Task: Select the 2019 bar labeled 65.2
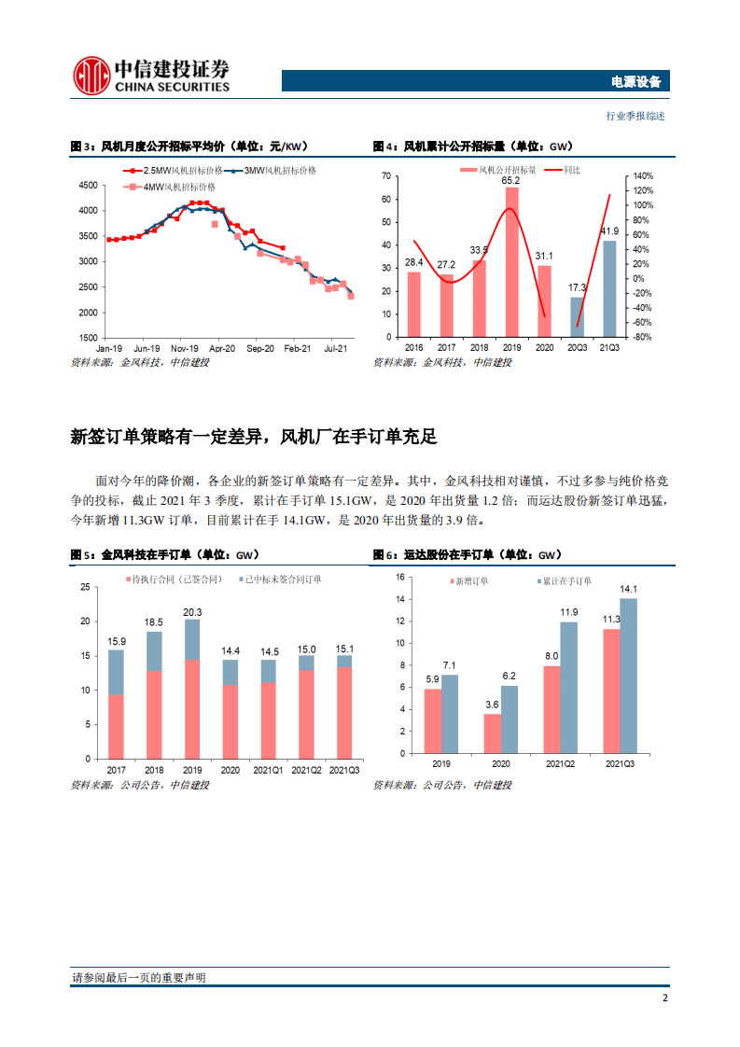(512, 262)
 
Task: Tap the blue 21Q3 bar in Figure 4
(609, 288)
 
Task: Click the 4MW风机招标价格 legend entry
(175, 187)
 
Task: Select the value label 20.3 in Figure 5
(190, 612)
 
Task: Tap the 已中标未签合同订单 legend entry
(281, 579)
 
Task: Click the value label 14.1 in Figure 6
(628, 589)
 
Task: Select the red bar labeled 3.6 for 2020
(492, 733)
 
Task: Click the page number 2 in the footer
(664, 998)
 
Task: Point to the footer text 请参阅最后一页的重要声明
(138, 978)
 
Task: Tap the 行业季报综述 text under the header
(635, 117)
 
